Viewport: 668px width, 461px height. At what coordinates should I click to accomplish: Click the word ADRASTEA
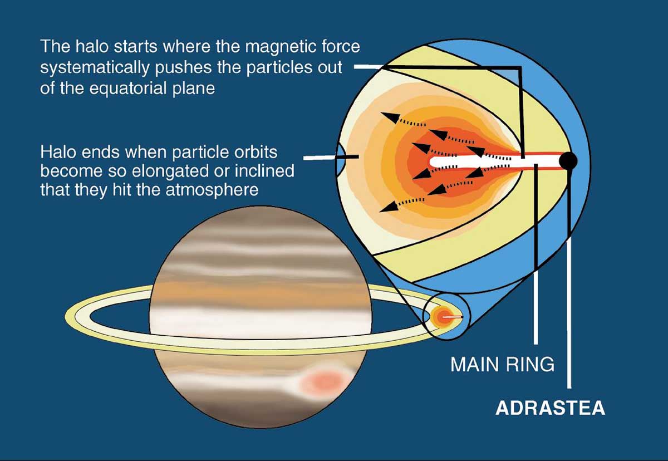pos(550,408)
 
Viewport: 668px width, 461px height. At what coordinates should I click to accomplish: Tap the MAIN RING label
pos(503,364)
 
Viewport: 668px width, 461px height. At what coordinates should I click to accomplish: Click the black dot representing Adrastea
pos(568,161)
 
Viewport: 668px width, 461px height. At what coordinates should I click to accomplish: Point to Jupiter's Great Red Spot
pos(323,382)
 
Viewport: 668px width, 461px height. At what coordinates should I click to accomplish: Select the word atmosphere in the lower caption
pos(212,190)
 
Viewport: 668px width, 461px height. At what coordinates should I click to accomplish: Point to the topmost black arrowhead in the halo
pos(390,117)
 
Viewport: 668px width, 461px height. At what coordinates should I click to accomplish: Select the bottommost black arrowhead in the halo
pos(389,207)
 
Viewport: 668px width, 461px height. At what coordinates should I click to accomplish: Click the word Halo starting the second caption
pos(58,152)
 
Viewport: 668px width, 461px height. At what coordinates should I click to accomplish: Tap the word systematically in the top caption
pos(95,68)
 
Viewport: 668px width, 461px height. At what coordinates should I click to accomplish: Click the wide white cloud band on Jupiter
pos(260,320)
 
